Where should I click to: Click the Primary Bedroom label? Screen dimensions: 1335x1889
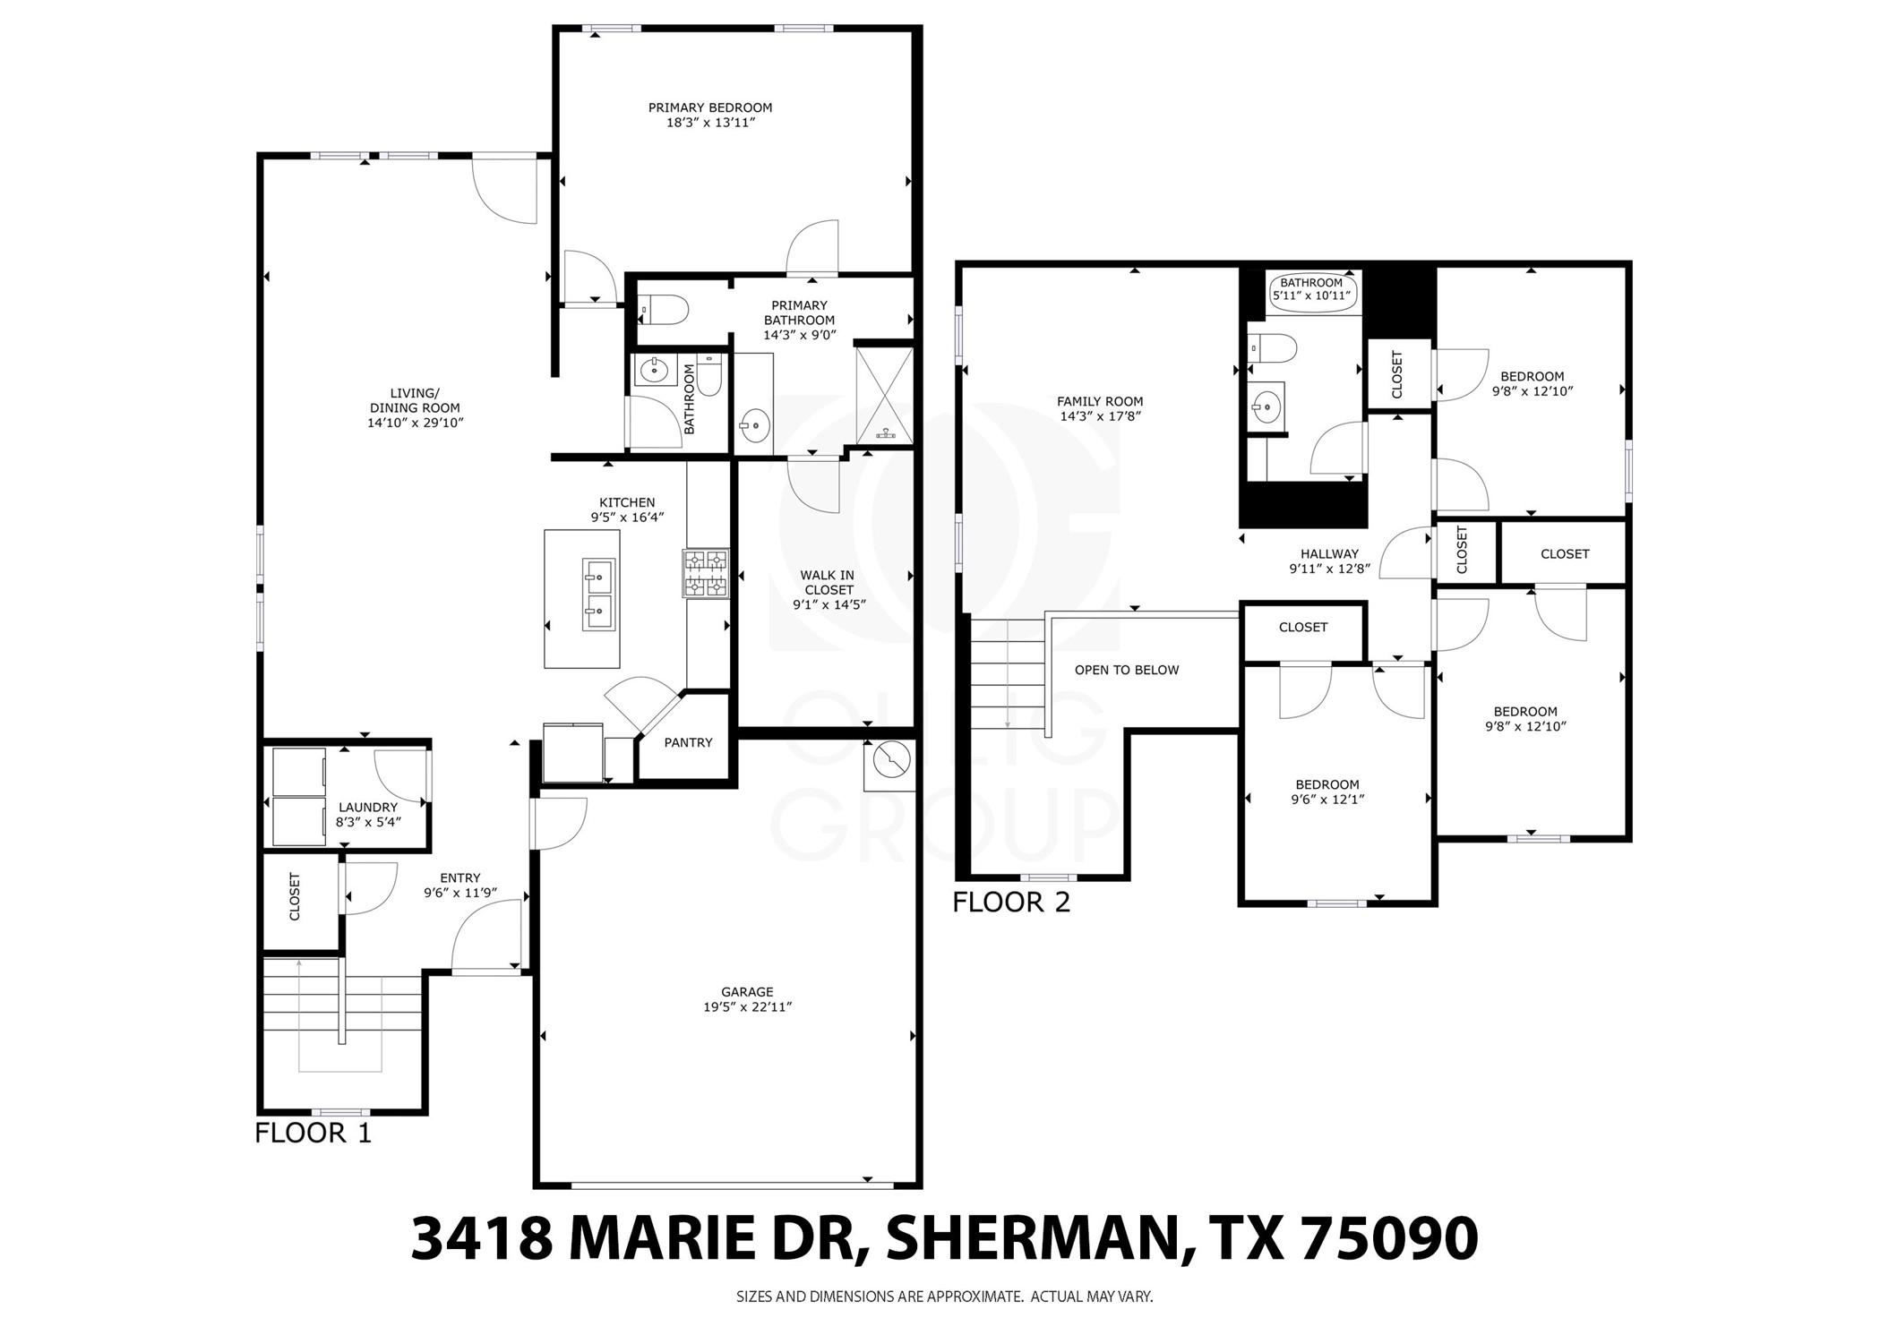click(709, 108)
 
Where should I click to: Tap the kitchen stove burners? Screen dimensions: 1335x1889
click(706, 573)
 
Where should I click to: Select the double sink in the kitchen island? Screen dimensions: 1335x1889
click(598, 595)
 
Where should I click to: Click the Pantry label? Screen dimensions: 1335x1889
click(688, 742)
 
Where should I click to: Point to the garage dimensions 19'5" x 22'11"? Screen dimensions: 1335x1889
click(747, 1006)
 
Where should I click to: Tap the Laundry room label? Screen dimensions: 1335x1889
click(367, 807)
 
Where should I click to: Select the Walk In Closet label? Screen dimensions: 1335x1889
click(828, 582)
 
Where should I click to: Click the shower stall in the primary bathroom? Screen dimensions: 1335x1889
click(885, 396)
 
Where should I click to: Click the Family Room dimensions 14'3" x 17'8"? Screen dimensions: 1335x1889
click(1100, 416)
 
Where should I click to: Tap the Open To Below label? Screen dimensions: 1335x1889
click(1126, 670)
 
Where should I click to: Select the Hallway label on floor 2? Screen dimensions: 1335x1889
click(1329, 553)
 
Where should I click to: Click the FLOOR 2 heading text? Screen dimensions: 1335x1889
click(1010, 902)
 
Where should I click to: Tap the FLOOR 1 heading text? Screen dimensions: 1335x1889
click(313, 1133)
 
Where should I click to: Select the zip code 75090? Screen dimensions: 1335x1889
click(1387, 1239)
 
